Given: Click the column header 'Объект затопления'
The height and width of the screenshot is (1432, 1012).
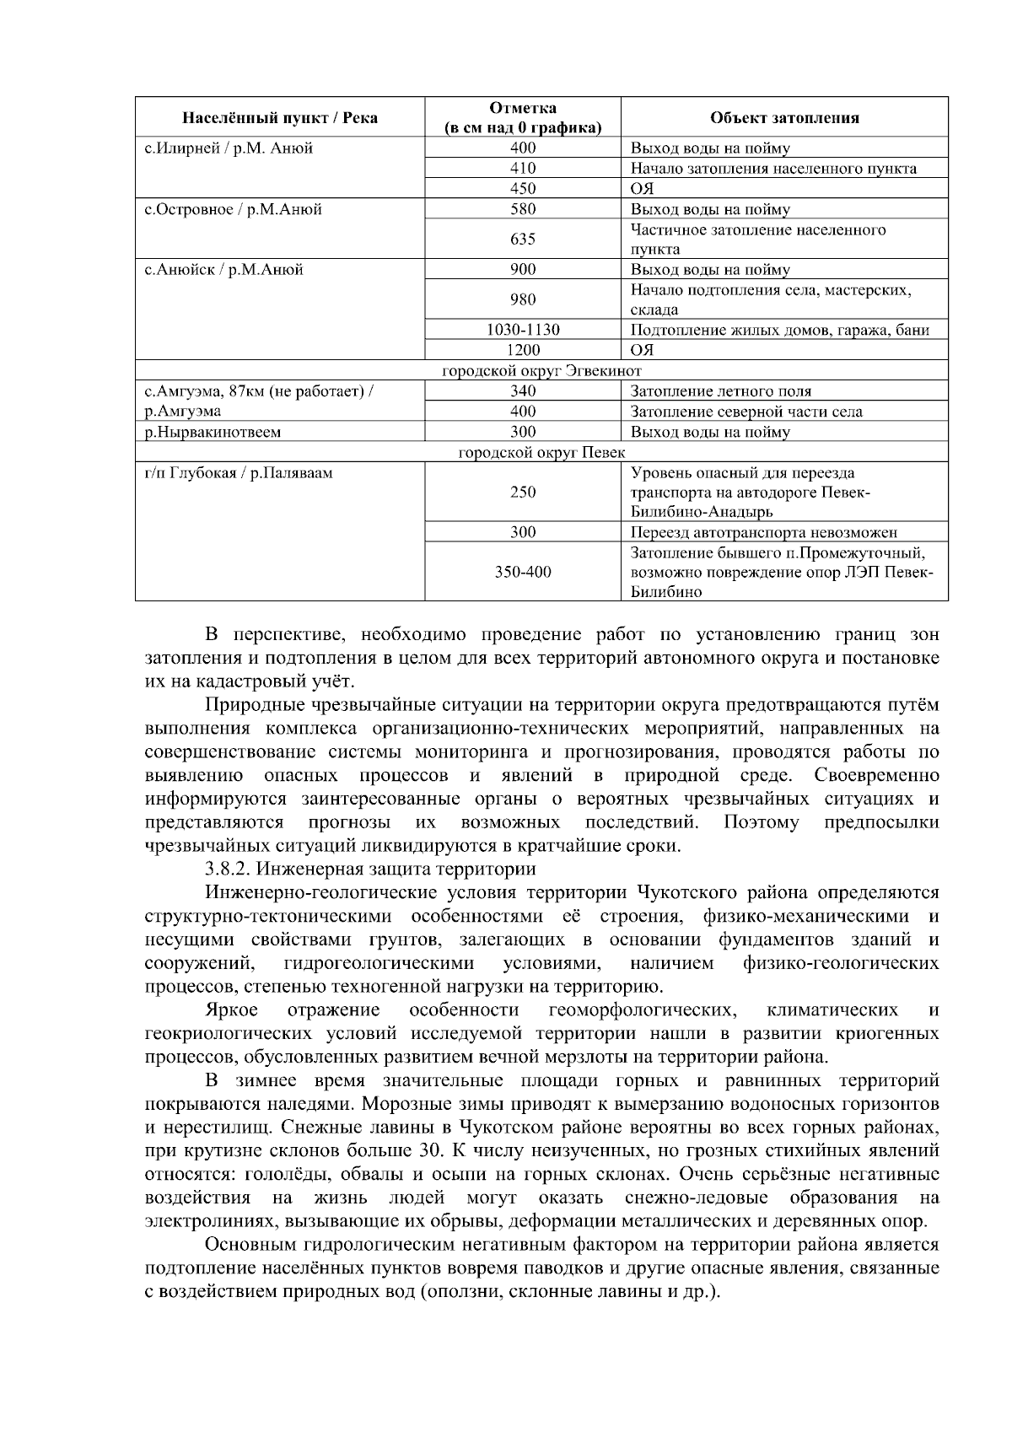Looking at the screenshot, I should (x=784, y=118).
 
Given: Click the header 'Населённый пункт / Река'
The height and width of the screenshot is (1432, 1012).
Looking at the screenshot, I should (x=280, y=118).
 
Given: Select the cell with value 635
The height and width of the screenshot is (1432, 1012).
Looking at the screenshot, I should (x=523, y=240).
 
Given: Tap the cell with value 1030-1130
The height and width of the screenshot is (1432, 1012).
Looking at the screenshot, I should (x=523, y=330).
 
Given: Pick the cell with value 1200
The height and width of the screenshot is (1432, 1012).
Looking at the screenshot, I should (x=523, y=350).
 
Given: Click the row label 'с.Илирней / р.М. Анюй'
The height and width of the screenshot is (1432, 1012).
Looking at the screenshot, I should (x=229, y=148).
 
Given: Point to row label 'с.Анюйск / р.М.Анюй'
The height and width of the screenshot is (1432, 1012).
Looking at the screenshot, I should (x=223, y=270).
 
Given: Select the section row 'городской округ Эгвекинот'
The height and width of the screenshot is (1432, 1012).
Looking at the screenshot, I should (x=542, y=371).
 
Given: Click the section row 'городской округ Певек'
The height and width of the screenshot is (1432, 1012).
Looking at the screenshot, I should (x=542, y=453).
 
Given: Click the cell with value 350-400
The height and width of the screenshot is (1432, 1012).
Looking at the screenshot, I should (x=523, y=573).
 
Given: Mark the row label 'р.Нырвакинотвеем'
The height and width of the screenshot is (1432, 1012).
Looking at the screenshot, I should (x=213, y=432).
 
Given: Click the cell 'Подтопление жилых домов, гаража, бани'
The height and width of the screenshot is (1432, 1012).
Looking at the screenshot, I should (x=780, y=330).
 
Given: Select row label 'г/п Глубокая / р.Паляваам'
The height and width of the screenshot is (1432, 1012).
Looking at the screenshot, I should (x=239, y=473).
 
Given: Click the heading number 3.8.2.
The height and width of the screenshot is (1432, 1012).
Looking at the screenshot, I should (x=228, y=869).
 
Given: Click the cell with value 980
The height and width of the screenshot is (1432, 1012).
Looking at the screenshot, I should (x=523, y=300).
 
